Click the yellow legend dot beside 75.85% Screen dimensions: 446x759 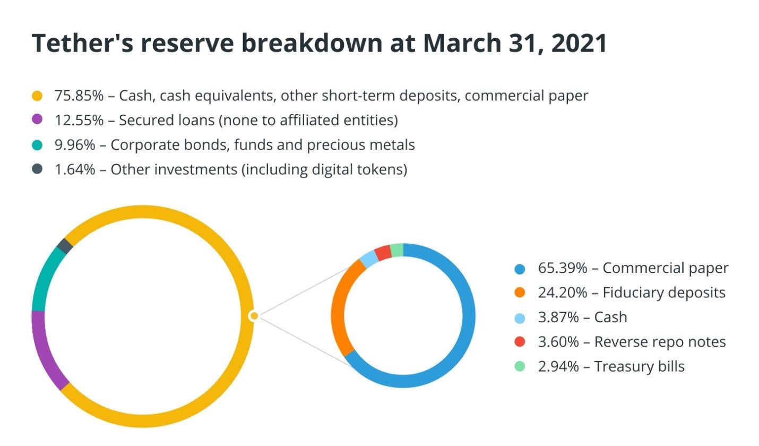point(37,96)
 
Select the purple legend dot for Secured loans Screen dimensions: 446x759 point(37,120)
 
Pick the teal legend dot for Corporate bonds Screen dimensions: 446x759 point(37,144)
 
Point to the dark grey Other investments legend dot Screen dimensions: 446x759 point(37,169)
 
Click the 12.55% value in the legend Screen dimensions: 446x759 point(79,120)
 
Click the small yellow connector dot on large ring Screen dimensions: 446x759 point(254,316)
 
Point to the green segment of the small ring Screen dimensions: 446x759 point(397,250)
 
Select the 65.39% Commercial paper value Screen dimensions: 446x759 point(563,268)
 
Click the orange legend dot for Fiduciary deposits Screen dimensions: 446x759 point(520,293)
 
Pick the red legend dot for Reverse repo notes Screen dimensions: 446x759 point(520,342)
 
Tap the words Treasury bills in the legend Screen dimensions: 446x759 point(639,366)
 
